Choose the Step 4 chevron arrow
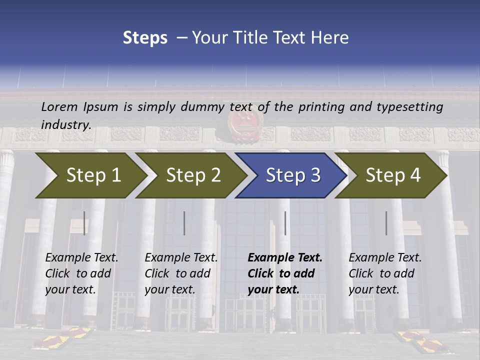(392, 175)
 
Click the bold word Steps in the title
(145, 38)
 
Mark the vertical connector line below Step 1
(84, 223)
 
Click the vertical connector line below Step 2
(184, 223)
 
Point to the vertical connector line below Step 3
(285, 223)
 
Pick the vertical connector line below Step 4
(386, 223)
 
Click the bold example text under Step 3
(285, 273)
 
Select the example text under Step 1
(81, 273)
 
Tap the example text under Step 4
(385, 273)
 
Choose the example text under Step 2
(181, 273)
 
